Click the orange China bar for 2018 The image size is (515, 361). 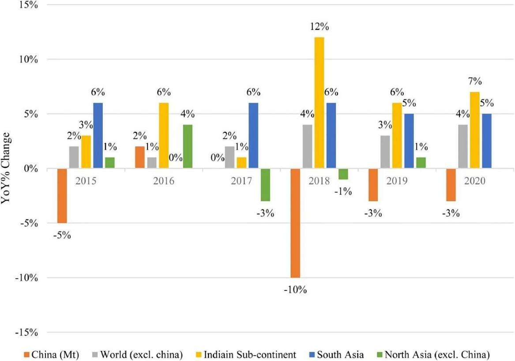pos(295,223)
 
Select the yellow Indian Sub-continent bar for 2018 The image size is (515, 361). pos(319,103)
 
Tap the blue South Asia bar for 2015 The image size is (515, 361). pos(98,136)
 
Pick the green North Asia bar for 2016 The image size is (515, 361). pos(188,147)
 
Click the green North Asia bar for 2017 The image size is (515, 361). pos(265,185)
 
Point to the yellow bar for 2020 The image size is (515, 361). pos(475,130)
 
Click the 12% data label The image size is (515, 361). pos(319,27)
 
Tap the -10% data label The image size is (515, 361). pos(295,290)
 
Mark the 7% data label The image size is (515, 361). pos(475,82)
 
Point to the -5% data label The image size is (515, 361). pos(62,235)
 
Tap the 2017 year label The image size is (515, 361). pos(241,181)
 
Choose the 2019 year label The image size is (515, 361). pos(396,181)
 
